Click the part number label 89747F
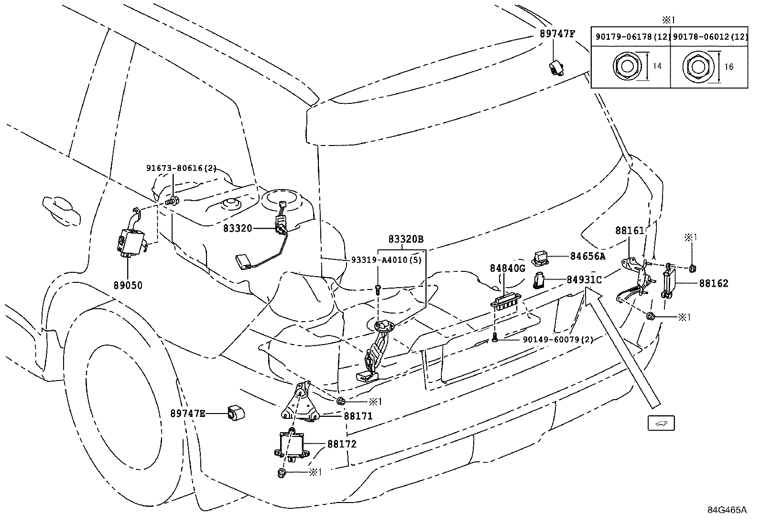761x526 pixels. point(557,34)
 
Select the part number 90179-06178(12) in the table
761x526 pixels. point(632,37)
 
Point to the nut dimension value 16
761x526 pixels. point(728,67)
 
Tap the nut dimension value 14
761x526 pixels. point(657,66)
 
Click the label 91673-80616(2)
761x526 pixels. point(182,168)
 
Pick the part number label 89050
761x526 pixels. point(128,285)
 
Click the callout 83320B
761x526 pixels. point(406,239)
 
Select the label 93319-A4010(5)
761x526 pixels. point(386,260)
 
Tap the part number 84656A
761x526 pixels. point(588,256)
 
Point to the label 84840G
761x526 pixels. point(508,269)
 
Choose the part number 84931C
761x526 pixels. point(584,280)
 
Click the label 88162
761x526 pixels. point(713,283)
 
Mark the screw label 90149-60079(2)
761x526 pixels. point(558,339)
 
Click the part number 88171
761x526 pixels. point(359,416)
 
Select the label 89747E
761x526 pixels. point(188,414)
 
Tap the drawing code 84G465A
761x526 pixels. point(727,510)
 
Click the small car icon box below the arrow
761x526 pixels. point(661,423)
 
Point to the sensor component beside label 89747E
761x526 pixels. point(236,413)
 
